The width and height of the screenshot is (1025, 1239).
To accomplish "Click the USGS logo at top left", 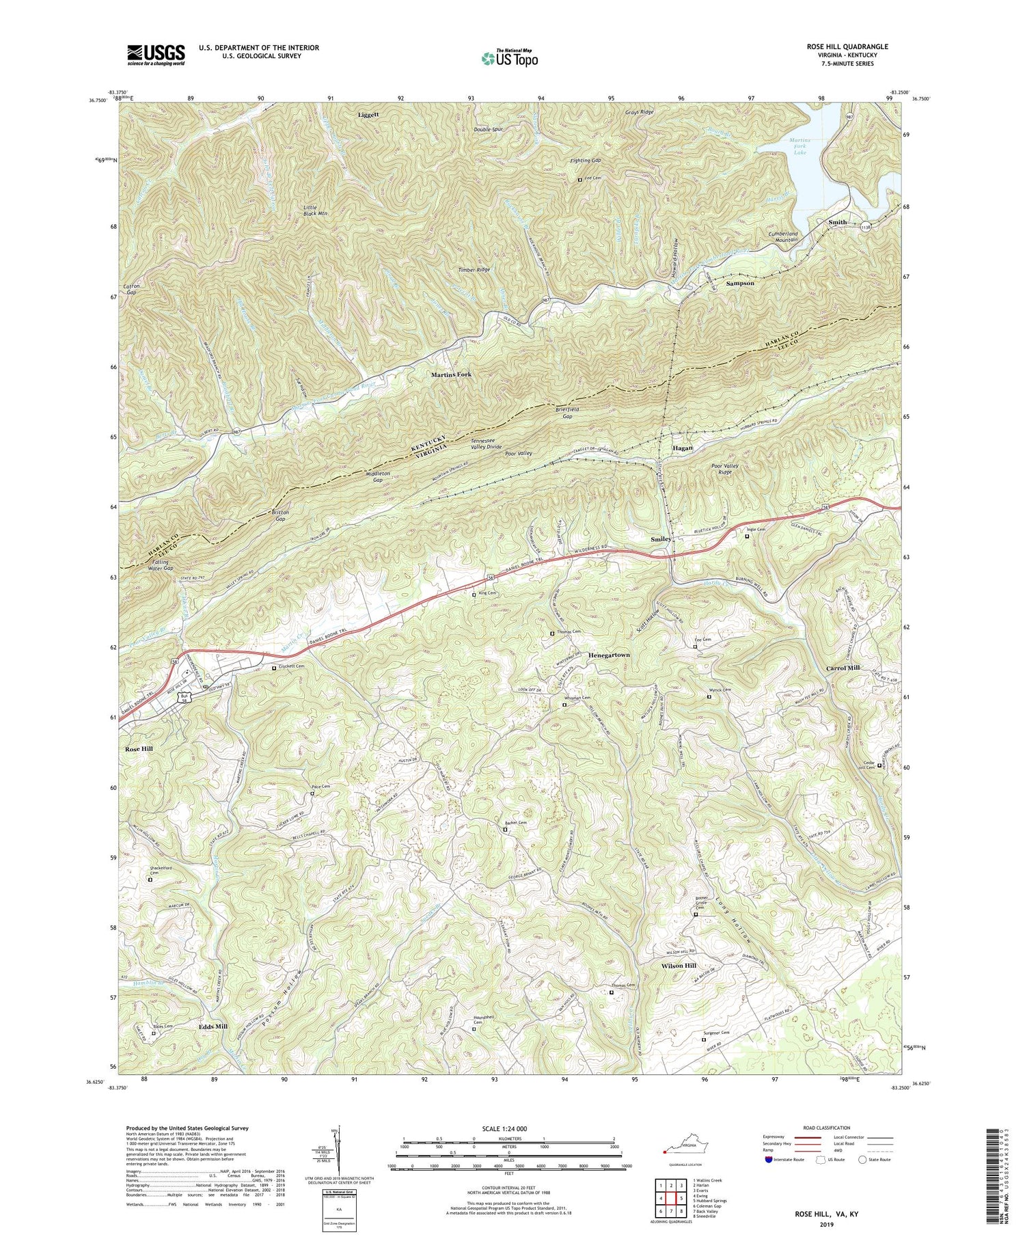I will pyautogui.click(x=156, y=55).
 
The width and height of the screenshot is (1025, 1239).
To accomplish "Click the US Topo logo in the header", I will pyautogui.click(x=509, y=58).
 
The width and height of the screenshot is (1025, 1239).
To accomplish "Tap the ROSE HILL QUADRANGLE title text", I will pyautogui.click(x=847, y=46).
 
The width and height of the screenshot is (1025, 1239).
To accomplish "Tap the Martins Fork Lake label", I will pyautogui.click(x=799, y=146).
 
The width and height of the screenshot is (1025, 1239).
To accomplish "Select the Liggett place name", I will pyautogui.click(x=368, y=115).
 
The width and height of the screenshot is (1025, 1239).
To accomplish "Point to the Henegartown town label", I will pyautogui.click(x=609, y=655).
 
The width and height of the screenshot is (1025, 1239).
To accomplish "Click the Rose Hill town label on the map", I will pyautogui.click(x=139, y=749).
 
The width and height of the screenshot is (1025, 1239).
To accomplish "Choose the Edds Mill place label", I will pyautogui.click(x=213, y=1026).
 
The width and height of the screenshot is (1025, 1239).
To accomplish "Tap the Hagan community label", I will pyautogui.click(x=682, y=448).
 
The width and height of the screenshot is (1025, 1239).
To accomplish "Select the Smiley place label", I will pyautogui.click(x=661, y=539).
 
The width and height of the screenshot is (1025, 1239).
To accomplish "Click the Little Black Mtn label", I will pyautogui.click(x=316, y=210).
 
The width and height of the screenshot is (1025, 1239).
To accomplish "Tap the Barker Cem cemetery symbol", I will pyautogui.click(x=505, y=830).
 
